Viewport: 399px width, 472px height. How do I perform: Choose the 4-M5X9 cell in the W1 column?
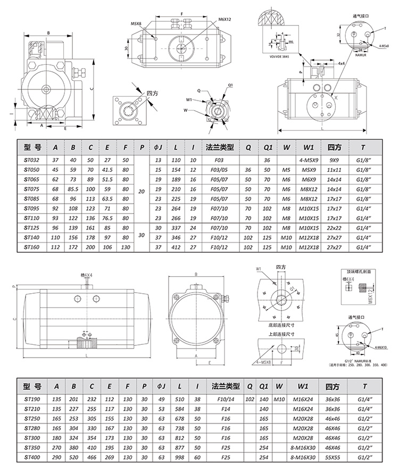pos(310,160)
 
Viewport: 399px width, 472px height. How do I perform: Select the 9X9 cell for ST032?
pos(334,160)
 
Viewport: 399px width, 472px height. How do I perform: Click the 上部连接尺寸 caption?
pos(277,334)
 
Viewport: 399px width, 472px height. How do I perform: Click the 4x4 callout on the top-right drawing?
pos(340,63)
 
